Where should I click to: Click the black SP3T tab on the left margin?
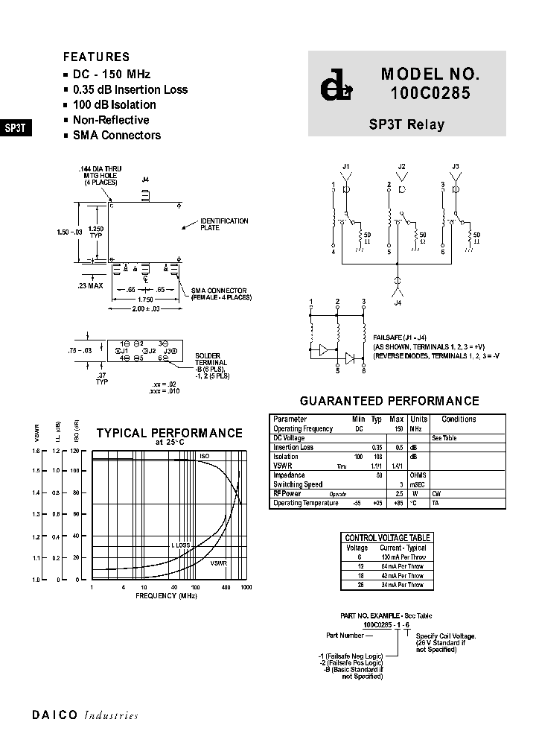point(16,127)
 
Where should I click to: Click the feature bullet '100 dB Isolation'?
point(114,105)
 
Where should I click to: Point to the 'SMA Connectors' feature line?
point(116,136)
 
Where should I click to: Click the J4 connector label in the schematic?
point(398,302)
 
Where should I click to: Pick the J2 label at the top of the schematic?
point(401,166)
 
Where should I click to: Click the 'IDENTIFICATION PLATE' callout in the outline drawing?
point(224,224)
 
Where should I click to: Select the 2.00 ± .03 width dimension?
point(147,308)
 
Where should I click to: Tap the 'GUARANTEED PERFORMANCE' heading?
point(389,402)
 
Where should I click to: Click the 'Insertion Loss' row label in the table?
point(293,448)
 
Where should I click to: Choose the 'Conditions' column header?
point(459,419)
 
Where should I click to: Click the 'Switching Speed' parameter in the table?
point(298,485)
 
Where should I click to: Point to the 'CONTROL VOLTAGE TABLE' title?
point(387,538)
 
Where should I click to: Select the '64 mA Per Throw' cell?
point(402,566)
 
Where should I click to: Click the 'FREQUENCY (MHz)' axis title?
point(167,596)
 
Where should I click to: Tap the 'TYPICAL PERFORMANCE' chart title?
point(170,433)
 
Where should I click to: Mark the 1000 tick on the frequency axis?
point(246,588)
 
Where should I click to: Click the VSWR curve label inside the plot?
point(218,563)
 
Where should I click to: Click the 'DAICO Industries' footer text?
point(85,715)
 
